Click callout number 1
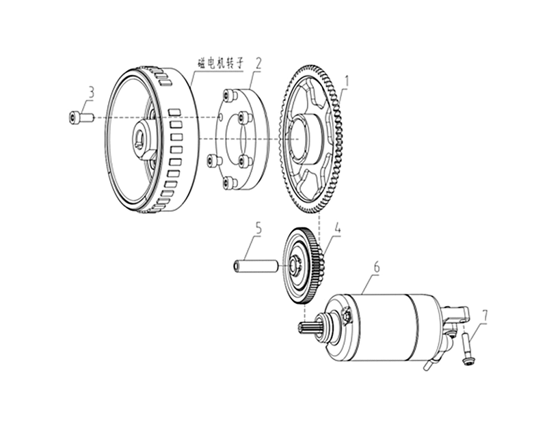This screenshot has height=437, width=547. pyautogui.click(x=347, y=81)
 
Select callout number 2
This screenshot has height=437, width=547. pyautogui.click(x=258, y=64)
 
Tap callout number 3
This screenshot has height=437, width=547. pyautogui.click(x=91, y=93)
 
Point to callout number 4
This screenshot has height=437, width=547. pyautogui.click(x=337, y=228)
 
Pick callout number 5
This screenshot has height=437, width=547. pyautogui.click(x=258, y=228)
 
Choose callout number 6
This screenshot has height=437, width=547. pyautogui.click(x=377, y=268)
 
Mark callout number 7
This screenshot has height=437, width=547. pyautogui.click(x=485, y=315)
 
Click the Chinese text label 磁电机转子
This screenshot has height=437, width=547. pyautogui.click(x=221, y=64)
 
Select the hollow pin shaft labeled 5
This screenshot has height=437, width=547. pyautogui.click(x=255, y=266)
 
